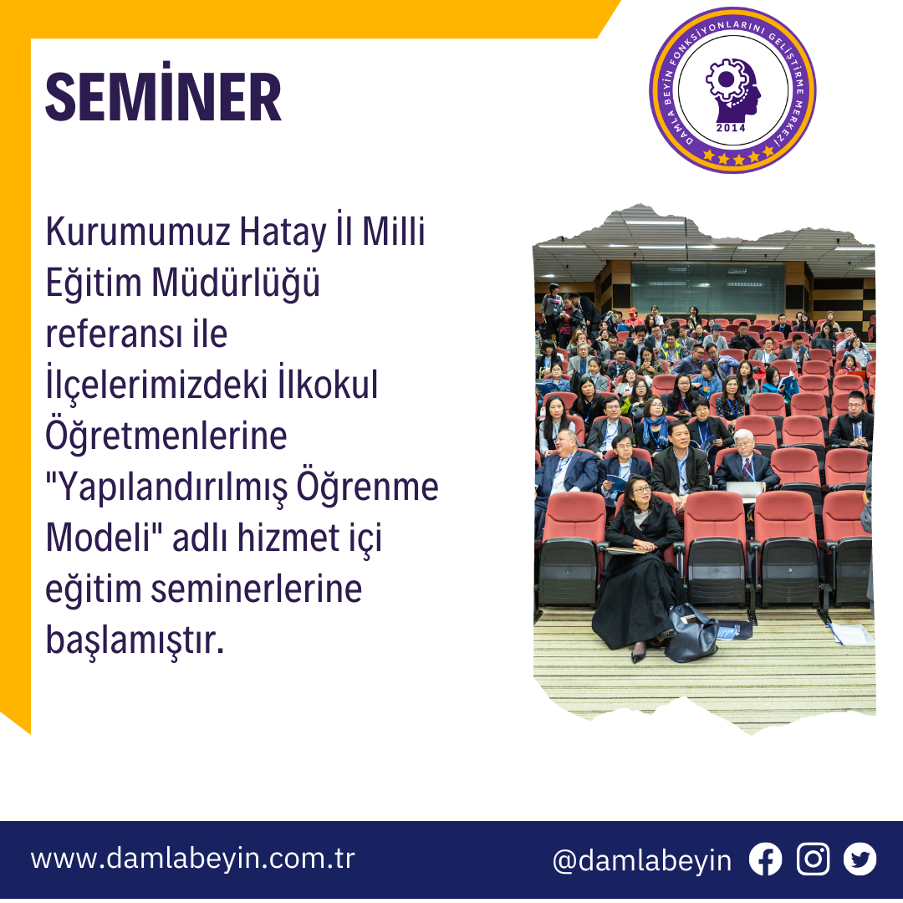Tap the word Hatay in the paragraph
283,232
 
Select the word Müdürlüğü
236,283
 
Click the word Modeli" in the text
105,537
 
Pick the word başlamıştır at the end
134,640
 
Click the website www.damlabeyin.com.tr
193,859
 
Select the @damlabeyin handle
642,861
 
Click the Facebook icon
765,860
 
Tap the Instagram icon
814,860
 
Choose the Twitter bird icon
860,860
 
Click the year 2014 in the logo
731,128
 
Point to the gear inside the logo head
727,79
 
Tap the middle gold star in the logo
739,159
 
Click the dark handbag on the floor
691,634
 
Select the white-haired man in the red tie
745,459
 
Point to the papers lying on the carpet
851,634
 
